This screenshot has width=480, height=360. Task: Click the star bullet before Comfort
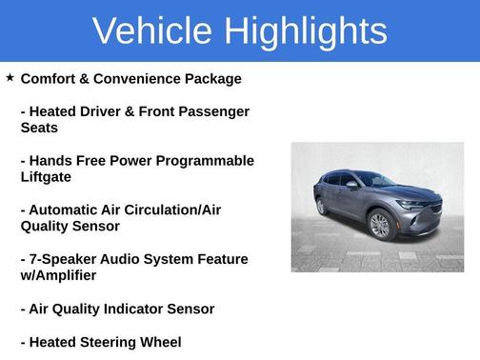10,77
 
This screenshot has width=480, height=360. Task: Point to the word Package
212,78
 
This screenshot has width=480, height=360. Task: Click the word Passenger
215,111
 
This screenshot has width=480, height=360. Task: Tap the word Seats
40,128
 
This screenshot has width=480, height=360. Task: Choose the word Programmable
208,161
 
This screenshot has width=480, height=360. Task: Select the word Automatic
70,210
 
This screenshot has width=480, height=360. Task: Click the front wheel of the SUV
379,226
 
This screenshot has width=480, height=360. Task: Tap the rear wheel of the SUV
322,205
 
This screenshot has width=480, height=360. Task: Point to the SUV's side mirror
351,185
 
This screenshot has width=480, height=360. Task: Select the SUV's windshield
373,179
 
